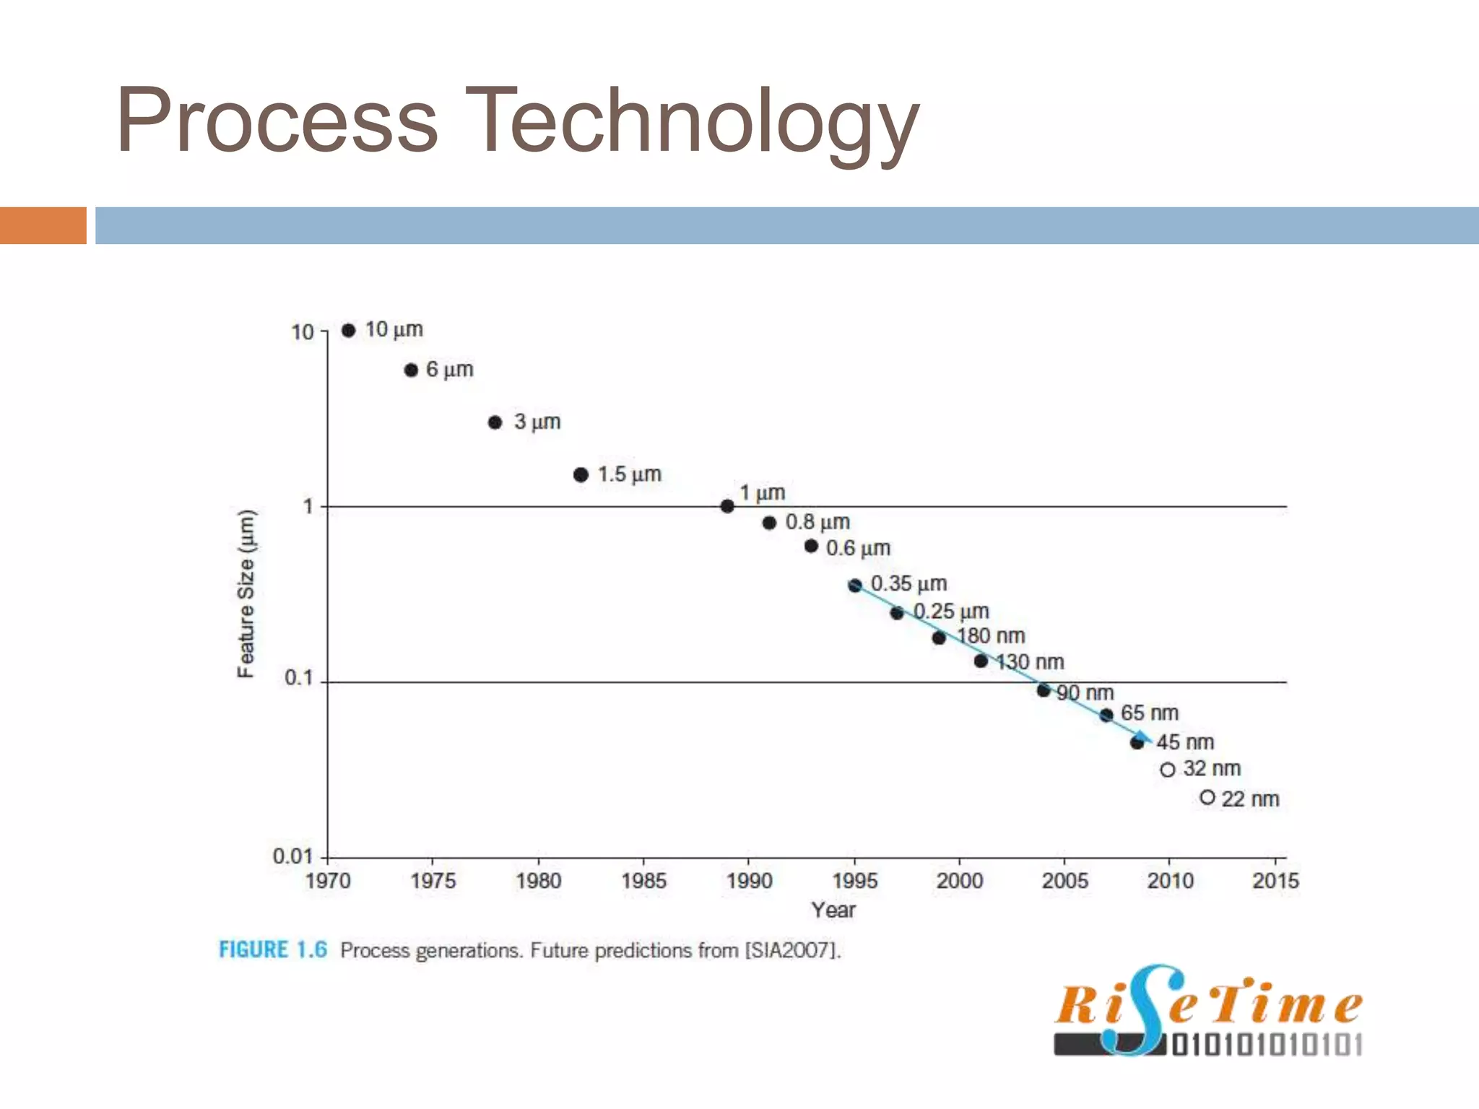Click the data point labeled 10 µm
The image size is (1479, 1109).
[349, 330]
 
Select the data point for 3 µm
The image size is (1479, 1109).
[495, 422]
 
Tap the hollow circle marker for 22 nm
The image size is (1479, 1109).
[1207, 797]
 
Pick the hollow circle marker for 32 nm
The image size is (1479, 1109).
[1168, 770]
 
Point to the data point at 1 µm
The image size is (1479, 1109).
[727, 506]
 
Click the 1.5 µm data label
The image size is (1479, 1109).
[629, 474]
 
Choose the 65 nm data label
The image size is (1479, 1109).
[1149, 713]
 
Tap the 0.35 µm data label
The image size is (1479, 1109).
[908, 583]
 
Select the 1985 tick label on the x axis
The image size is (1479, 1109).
[643, 881]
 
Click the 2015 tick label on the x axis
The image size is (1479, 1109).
[1275, 881]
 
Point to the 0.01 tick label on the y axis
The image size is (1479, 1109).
[292, 856]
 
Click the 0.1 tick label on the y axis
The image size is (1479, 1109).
[298, 678]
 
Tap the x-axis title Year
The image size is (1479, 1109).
[833, 910]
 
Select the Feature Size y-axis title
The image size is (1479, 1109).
[246, 593]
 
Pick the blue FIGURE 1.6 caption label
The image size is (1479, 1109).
[273, 949]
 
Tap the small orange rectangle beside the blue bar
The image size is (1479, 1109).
[43, 225]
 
